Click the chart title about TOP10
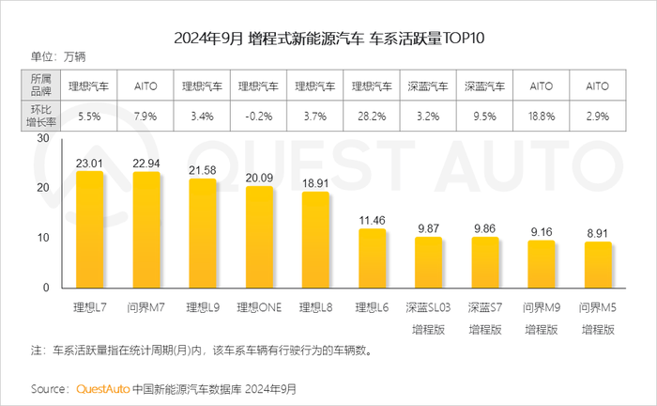tap(328, 39)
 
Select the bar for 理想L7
tap(89, 230)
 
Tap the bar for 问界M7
tap(145, 230)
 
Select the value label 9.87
tap(429, 227)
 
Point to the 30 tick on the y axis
tap(41, 137)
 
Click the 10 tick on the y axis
tap(41, 238)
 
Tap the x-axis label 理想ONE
tap(259, 307)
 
